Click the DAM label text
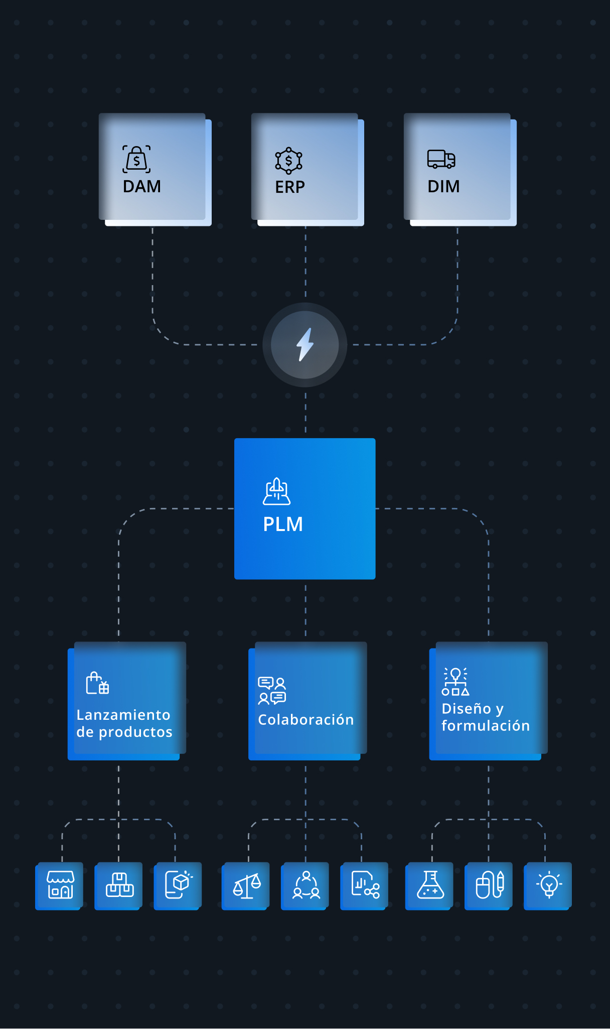[x=142, y=186]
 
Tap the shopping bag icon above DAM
[x=136, y=159]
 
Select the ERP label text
[x=290, y=187]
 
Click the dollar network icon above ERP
[x=288, y=161]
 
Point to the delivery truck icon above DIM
[x=441, y=159]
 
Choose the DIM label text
[x=443, y=186]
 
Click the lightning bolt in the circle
[x=305, y=344]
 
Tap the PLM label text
[x=283, y=524]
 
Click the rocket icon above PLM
[x=277, y=491]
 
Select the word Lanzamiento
[x=123, y=715]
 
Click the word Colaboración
[x=306, y=719]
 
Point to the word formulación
[x=486, y=725]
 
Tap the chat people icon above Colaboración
[x=272, y=691]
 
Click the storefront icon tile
[x=59, y=886]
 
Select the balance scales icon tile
[x=246, y=886]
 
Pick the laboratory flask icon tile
[x=429, y=886]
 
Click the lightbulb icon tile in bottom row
[x=548, y=886]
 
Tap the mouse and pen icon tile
[x=489, y=886]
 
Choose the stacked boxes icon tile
[x=118, y=886]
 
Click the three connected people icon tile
[x=305, y=886]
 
